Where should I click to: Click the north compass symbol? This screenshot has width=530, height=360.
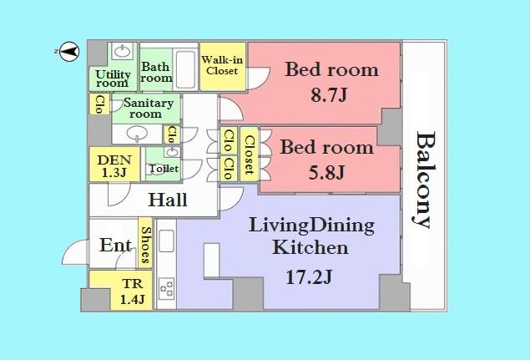[70, 52]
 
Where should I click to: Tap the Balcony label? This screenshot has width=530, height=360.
[426, 180]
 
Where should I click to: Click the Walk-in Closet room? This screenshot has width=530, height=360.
[222, 65]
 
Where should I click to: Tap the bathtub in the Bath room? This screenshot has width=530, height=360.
[185, 66]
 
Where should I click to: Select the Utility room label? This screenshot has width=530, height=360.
[112, 79]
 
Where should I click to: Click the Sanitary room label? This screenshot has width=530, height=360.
[149, 108]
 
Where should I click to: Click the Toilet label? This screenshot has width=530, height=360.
[163, 169]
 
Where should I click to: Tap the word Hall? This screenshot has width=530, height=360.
[168, 200]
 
